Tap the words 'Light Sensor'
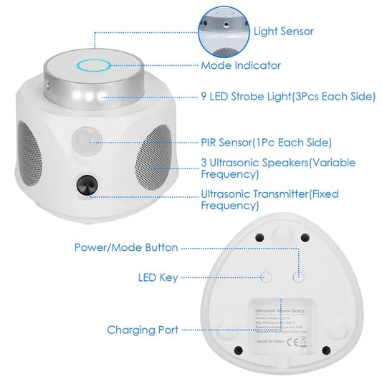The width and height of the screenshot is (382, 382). coord(283,32)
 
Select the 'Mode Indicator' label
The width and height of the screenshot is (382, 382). coord(241,65)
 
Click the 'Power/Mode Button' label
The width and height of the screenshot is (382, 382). coord(126,247)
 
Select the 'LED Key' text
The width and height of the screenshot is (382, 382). coord(158,277)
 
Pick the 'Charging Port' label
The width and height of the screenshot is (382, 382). coord(143,330)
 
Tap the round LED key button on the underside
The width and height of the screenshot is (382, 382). coord(268,276)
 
